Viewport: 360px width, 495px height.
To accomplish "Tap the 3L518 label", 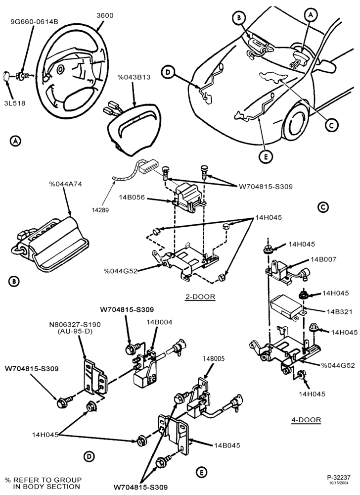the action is (x=15, y=103).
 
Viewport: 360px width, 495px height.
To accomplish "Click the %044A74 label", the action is (x=65, y=184).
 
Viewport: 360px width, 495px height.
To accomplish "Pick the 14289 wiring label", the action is (x=100, y=210).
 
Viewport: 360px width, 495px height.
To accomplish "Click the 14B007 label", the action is (x=323, y=259).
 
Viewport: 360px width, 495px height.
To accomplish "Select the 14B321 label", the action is (x=339, y=312).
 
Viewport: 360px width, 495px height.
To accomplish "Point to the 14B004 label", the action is (x=159, y=322).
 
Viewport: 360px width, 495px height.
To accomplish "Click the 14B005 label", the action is (x=214, y=359).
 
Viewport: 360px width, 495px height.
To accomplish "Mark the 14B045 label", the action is (x=227, y=445).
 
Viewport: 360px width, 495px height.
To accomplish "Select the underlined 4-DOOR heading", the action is (x=306, y=420).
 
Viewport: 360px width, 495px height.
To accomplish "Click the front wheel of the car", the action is (x=295, y=122).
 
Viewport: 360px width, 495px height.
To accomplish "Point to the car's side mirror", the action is (x=325, y=66).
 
